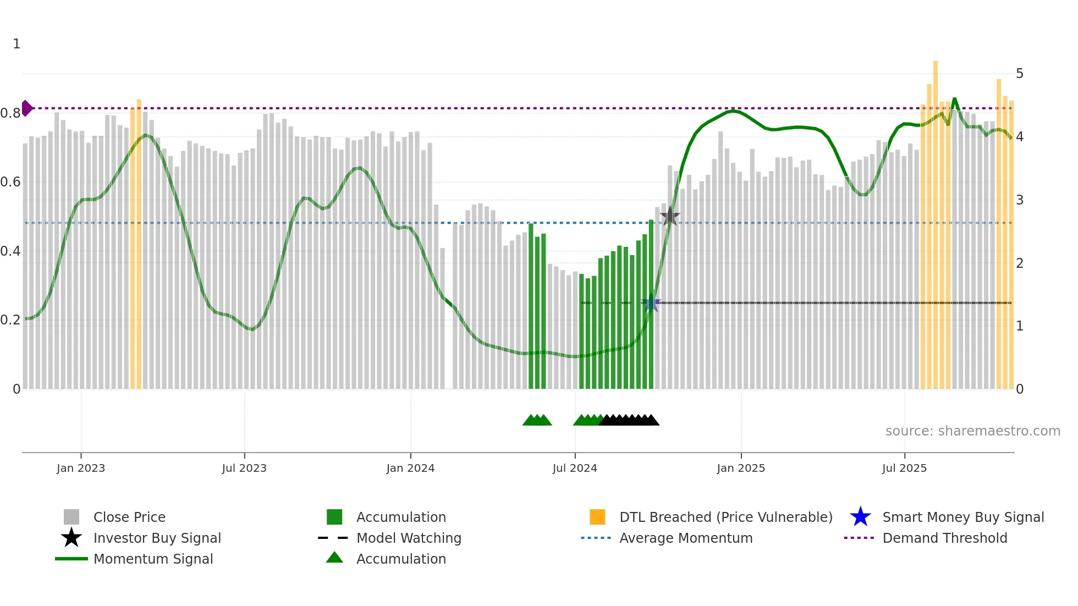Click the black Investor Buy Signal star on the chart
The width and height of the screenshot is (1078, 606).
[x=669, y=216]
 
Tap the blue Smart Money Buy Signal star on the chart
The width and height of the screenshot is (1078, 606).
[x=651, y=302]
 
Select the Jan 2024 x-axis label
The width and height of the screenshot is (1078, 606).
[x=410, y=468]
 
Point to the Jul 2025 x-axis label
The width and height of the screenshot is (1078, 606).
[x=904, y=468]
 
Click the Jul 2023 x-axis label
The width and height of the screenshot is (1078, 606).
[x=244, y=468]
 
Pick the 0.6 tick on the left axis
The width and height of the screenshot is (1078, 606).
[x=10, y=182]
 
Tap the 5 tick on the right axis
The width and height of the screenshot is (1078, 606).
[x=1020, y=74]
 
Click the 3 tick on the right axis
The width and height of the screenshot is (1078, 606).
[x=1020, y=200]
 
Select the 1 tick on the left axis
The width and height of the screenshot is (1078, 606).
[x=16, y=44]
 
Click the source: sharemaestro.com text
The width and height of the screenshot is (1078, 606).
[x=972, y=431]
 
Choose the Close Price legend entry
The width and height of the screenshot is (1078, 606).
[x=129, y=517]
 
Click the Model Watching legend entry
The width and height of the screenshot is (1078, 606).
[x=409, y=538]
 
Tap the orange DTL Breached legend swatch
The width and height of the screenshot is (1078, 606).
[x=597, y=517]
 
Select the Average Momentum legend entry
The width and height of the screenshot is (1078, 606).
[x=686, y=538]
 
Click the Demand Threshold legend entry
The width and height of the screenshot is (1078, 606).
[x=944, y=538]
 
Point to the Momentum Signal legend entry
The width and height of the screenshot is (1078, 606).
[x=153, y=559]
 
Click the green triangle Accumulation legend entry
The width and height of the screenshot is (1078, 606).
[x=401, y=559]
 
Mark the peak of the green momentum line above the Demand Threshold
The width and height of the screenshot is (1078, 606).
[x=954, y=99]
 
